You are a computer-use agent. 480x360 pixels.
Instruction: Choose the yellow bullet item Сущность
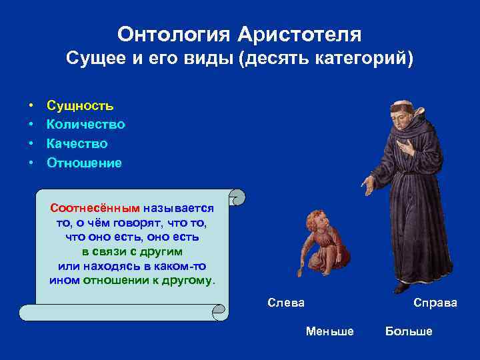(79, 105)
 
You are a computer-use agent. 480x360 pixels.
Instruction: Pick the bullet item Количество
(85, 125)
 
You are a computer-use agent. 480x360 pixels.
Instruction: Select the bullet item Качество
(77, 144)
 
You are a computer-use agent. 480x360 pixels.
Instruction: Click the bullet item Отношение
(84, 163)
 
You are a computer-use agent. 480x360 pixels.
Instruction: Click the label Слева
(285, 303)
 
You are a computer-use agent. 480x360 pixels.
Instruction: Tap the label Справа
(435, 303)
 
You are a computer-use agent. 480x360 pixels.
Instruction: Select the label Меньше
(329, 331)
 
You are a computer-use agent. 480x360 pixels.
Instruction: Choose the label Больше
(408, 331)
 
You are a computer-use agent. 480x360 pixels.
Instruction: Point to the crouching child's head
(314, 219)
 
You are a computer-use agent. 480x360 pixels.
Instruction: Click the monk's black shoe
(401, 287)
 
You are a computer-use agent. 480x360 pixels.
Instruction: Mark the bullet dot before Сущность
(31, 106)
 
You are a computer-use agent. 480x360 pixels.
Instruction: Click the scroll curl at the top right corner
(237, 197)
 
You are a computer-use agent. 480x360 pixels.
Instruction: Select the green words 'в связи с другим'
(132, 252)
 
